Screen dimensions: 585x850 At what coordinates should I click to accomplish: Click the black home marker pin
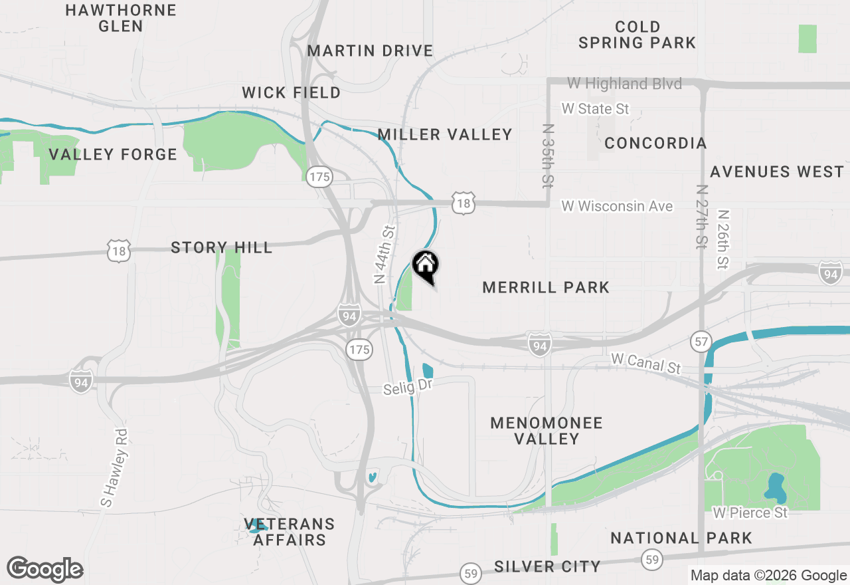tap(426, 267)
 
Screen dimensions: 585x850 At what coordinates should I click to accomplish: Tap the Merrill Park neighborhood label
tap(546, 287)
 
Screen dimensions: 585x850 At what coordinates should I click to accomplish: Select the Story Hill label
tap(221, 248)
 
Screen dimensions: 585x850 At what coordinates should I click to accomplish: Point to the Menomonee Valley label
tap(547, 431)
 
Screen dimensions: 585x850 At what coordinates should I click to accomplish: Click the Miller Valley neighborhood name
tap(445, 134)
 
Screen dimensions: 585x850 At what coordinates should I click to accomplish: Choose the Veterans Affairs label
tap(289, 532)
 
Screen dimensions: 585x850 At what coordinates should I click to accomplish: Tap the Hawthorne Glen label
tap(121, 18)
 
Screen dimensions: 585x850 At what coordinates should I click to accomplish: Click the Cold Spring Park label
tap(637, 35)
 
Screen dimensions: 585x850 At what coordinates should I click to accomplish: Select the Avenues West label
tap(776, 172)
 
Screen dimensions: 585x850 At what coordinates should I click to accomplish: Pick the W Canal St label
tap(646, 363)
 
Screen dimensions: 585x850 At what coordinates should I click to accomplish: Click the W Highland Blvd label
tap(624, 84)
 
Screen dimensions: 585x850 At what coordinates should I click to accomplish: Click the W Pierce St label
tap(750, 513)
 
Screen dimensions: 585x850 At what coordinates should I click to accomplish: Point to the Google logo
tap(44, 569)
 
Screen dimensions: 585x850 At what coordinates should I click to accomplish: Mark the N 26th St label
tap(723, 240)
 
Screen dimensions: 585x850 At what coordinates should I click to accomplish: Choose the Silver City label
tap(547, 566)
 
